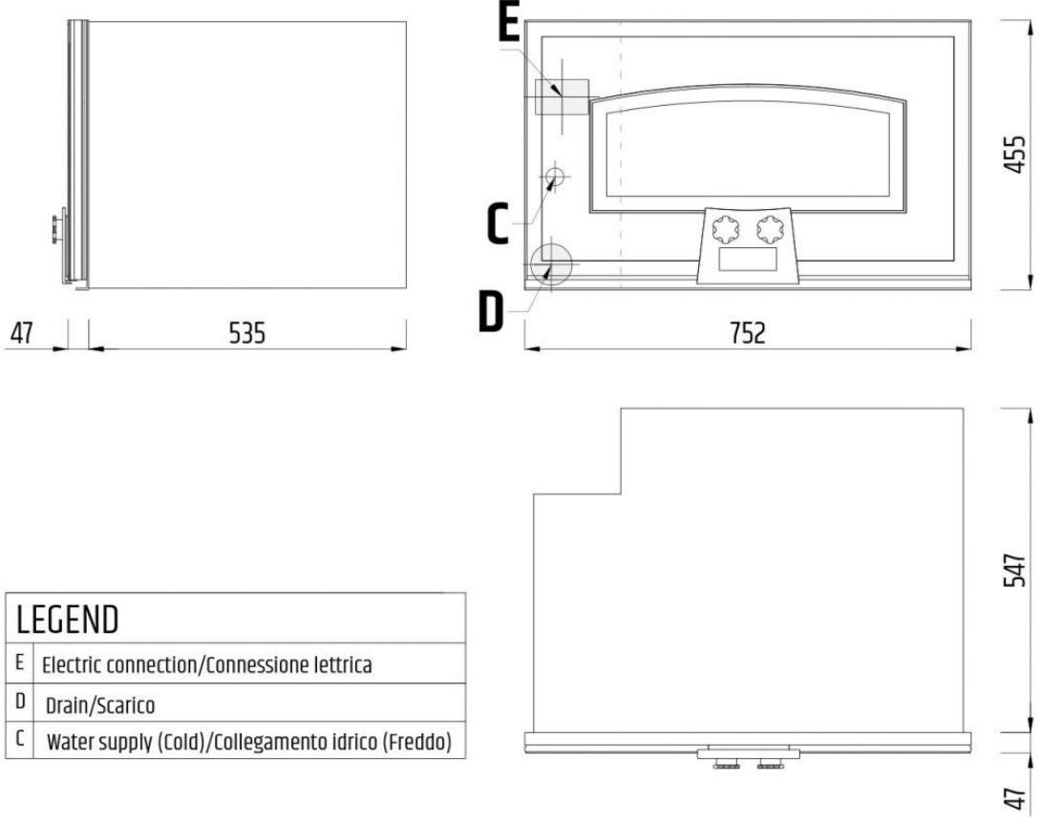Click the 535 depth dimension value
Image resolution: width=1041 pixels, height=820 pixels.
click(247, 332)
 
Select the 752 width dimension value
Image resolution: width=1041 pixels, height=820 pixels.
click(748, 332)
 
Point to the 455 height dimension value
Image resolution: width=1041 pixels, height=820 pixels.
click(1014, 156)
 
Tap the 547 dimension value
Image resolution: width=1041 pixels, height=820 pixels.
click(1014, 570)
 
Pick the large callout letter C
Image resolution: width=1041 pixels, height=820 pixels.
click(498, 223)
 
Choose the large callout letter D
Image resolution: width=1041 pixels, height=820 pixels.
click(491, 312)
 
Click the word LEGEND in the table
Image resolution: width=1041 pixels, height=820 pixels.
click(67, 620)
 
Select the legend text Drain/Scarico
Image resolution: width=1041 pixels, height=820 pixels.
click(99, 704)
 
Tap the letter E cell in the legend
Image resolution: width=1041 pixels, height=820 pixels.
click(19, 662)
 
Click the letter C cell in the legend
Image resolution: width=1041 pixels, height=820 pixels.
click(19, 739)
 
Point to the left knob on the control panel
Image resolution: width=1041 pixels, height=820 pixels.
click(724, 229)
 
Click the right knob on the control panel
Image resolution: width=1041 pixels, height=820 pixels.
click(769, 229)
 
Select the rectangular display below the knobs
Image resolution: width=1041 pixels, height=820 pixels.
click(748, 260)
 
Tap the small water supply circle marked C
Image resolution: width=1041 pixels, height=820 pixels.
click(554, 177)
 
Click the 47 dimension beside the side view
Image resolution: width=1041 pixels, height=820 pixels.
click(22, 332)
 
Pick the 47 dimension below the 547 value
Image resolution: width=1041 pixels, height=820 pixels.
click(1014, 797)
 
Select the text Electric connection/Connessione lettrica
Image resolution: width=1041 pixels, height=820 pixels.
click(206, 664)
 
